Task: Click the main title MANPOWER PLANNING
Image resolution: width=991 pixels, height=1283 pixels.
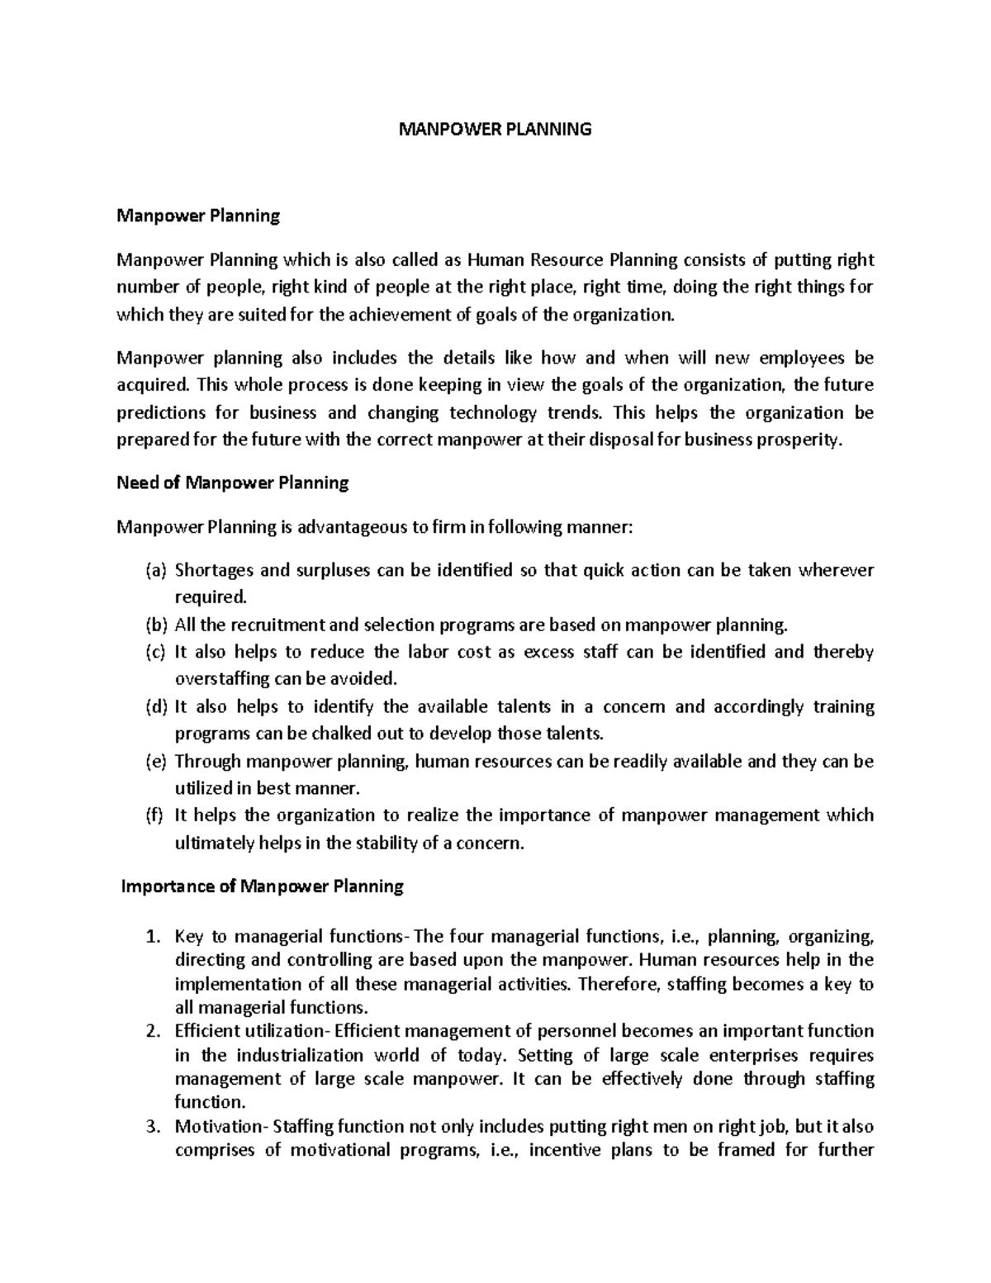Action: point(495,129)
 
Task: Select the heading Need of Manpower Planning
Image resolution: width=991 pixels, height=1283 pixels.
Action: point(233,482)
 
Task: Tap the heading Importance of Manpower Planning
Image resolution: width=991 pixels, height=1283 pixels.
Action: point(263,886)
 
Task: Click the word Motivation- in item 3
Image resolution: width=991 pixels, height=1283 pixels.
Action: point(221,1126)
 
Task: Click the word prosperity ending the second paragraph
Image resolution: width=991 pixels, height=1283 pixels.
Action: point(801,440)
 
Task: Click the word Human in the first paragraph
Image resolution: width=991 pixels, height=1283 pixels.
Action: point(495,260)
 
